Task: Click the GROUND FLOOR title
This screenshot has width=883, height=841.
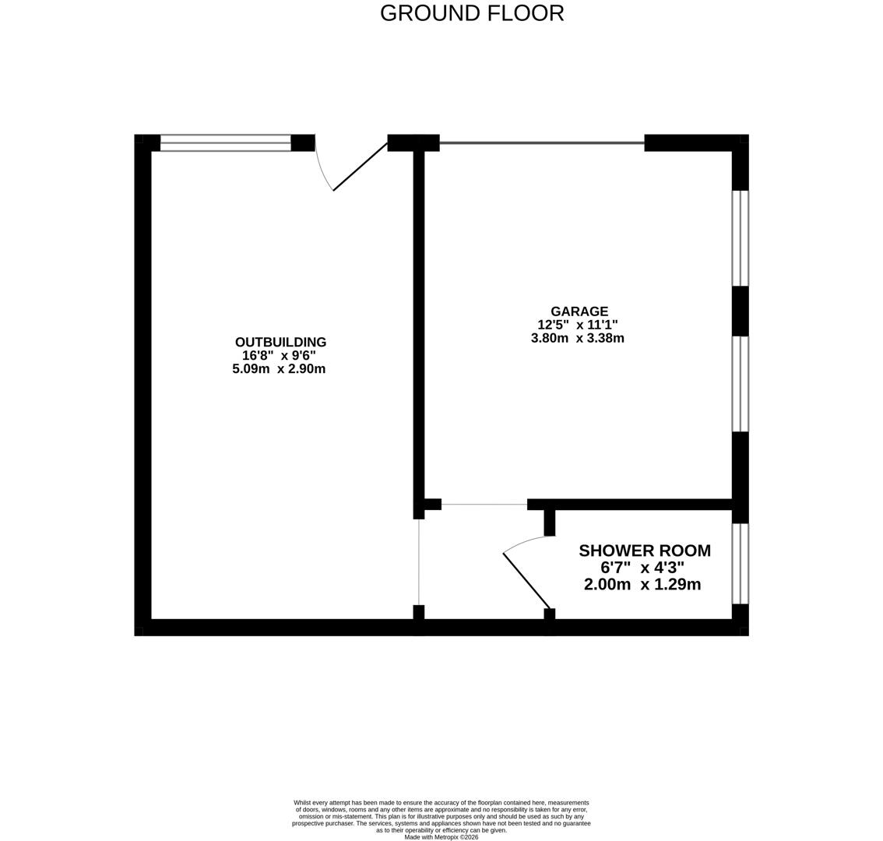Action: [x=472, y=13]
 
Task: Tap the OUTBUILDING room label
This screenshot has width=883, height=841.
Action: [x=280, y=342]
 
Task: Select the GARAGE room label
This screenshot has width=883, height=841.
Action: [x=579, y=311]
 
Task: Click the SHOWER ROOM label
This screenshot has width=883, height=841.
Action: [x=644, y=551]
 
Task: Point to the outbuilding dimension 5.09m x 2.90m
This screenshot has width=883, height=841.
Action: [x=279, y=369]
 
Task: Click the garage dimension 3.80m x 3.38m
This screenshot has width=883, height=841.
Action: [x=577, y=338]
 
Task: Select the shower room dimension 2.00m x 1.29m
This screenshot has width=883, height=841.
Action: [x=642, y=585]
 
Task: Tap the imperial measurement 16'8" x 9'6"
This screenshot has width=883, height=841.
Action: [x=279, y=356]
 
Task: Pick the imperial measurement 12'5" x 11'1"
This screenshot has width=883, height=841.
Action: [x=577, y=325]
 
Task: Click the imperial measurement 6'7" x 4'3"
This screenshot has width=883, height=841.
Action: [x=642, y=568]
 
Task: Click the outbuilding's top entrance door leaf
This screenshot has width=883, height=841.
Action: [x=360, y=167]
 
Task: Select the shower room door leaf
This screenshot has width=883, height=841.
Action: [x=526, y=580]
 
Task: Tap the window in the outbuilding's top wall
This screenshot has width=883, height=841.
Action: [x=225, y=143]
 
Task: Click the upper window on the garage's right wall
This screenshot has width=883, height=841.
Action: [x=740, y=238]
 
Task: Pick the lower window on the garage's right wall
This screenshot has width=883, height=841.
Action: [x=740, y=384]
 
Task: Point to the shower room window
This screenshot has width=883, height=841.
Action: [x=740, y=564]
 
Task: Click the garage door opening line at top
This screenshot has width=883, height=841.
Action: [x=542, y=143]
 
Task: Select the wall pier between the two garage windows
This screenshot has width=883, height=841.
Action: [x=740, y=311]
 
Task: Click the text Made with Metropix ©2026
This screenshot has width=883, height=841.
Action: [x=441, y=837]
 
